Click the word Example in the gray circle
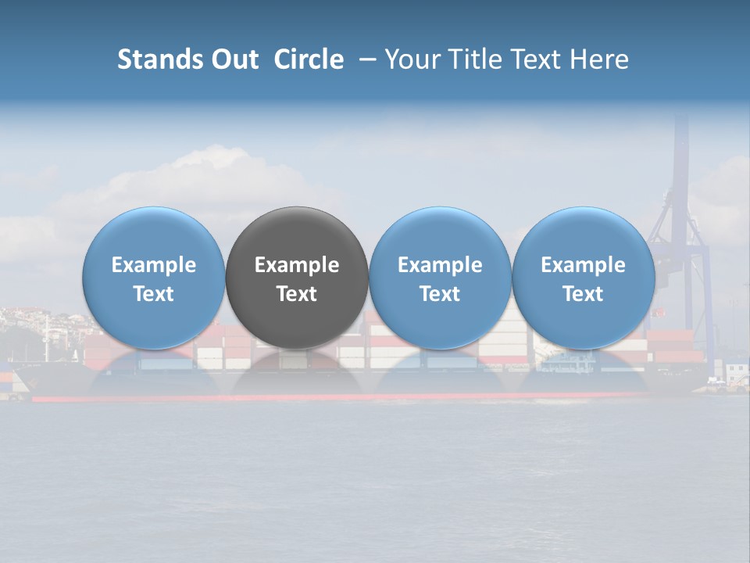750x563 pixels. coord(297,265)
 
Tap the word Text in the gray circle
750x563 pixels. coord(297,294)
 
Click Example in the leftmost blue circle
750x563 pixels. coord(154,265)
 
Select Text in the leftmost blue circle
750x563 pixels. coord(154,294)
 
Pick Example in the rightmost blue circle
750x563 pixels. coord(583,265)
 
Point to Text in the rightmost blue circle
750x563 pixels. coord(583,294)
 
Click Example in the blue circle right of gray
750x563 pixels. coord(440,265)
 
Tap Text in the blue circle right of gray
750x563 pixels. coord(440,294)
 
